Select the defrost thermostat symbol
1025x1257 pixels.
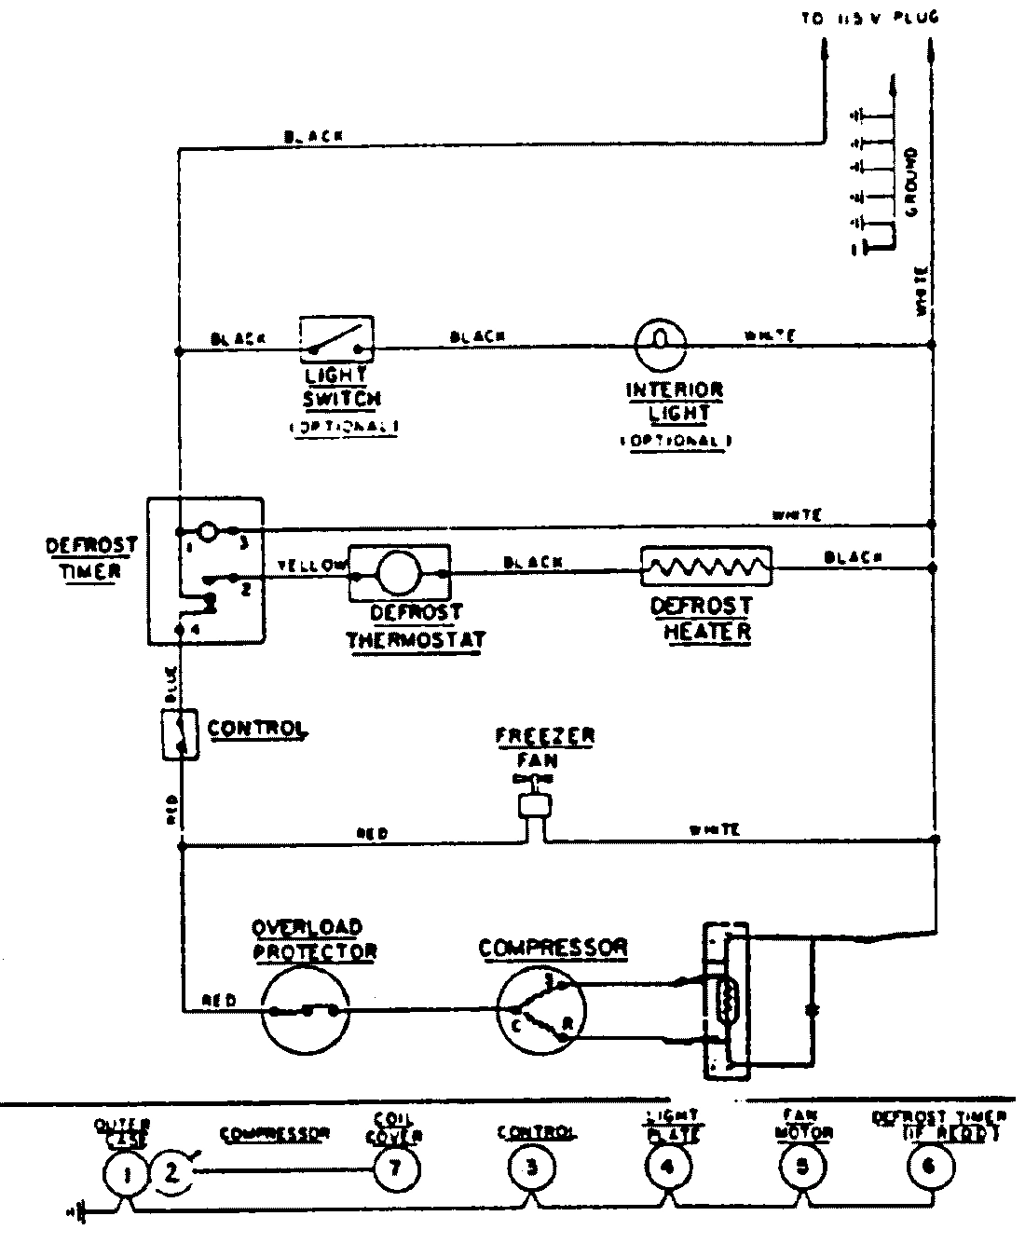pos(400,572)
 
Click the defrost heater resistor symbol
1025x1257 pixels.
pos(706,567)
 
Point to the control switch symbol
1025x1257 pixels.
pos(181,734)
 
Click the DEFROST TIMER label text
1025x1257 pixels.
pos(91,557)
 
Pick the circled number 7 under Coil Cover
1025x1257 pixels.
pos(396,1170)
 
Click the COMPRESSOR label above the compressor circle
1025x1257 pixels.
pos(553,949)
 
